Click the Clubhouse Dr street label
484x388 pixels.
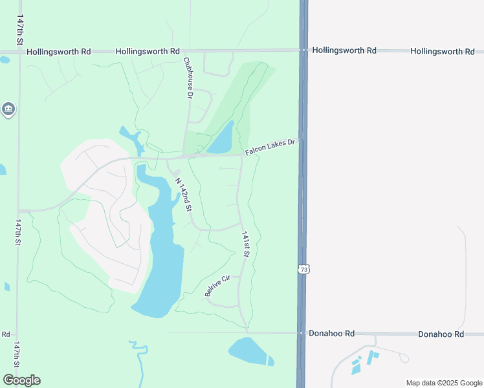click(188, 78)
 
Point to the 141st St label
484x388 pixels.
click(245, 245)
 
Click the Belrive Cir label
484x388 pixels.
click(217, 285)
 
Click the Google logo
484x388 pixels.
click(21, 380)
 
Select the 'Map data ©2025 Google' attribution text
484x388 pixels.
click(443, 383)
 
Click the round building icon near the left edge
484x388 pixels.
click(8, 109)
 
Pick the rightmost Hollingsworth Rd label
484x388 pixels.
click(443, 51)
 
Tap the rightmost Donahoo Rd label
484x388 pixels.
click(441, 334)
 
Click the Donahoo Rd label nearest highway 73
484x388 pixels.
click(332, 334)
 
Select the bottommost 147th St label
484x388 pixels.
click(17, 355)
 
